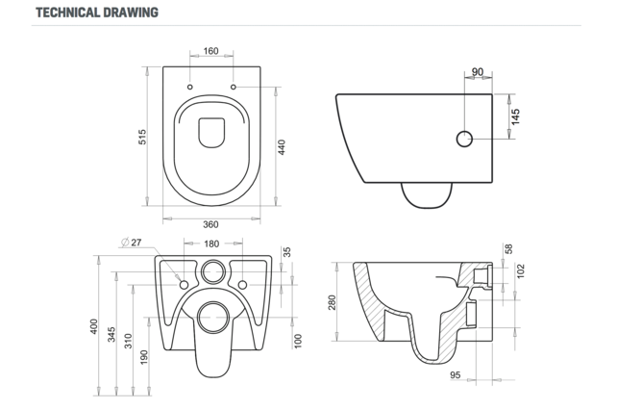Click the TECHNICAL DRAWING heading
coord(97,13)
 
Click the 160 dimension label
coord(211,51)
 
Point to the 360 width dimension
coord(211,223)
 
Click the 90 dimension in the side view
coord(478,71)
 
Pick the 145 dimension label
coord(515,116)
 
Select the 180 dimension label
coord(211,243)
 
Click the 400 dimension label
coord(94,326)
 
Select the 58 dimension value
coord(509,249)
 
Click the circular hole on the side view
coord(465,139)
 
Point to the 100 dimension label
coord(298,341)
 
